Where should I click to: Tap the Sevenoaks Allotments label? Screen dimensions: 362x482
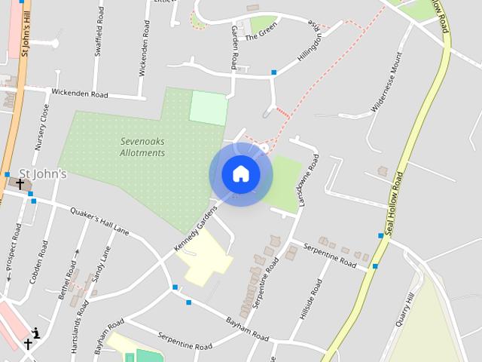coord(142,147)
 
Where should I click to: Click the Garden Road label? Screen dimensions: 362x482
coord(234,46)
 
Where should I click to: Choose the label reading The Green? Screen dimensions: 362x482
coord(262,30)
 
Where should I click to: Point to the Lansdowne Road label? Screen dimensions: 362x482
coord(310,181)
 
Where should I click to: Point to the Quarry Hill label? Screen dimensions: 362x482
coord(405,309)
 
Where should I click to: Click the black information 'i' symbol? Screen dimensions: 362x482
coord(35,333)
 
